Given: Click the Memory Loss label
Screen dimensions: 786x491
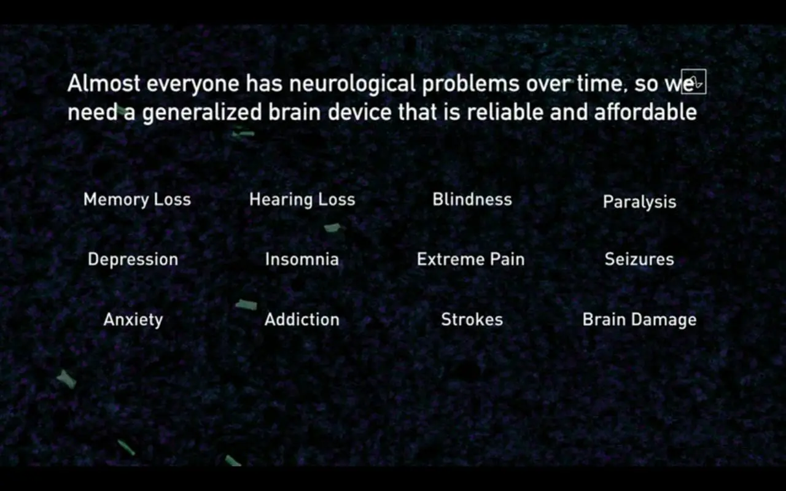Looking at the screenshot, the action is pyautogui.click(x=137, y=200).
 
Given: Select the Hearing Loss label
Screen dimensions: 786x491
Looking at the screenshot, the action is pyautogui.click(x=302, y=200).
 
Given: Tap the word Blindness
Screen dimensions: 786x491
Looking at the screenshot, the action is pyautogui.click(x=472, y=199).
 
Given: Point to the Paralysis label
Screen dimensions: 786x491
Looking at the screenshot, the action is pyautogui.click(x=639, y=202).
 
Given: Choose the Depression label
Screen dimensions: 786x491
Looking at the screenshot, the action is pyautogui.click(x=133, y=260).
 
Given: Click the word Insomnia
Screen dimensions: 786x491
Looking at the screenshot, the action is pyautogui.click(x=302, y=260).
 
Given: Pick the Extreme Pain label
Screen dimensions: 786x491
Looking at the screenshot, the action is pyautogui.click(x=471, y=260).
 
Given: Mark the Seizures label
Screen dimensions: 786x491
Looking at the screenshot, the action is pyautogui.click(x=639, y=260).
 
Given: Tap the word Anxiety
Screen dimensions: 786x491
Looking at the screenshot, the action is pyautogui.click(x=133, y=320).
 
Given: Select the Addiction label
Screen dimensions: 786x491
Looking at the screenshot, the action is pyautogui.click(x=302, y=320).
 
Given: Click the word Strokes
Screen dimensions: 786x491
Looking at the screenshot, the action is pyautogui.click(x=472, y=320).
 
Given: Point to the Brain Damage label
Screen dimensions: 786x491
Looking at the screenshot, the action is pyautogui.click(x=639, y=320).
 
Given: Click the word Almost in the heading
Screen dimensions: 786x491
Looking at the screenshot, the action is pyautogui.click(x=104, y=83).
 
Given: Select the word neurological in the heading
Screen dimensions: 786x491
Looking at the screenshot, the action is pyautogui.click(x=352, y=85).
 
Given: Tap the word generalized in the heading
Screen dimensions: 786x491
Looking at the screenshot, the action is pyautogui.click(x=202, y=113).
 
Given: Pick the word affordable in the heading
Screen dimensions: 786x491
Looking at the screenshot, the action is pyautogui.click(x=645, y=112).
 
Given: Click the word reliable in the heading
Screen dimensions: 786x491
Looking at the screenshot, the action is pyautogui.click(x=505, y=112).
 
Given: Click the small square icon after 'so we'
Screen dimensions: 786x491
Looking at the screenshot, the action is pyautogui.click(x=694, y=82).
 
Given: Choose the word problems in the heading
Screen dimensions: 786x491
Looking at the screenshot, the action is pyautogui.click(x=470, y=85).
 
